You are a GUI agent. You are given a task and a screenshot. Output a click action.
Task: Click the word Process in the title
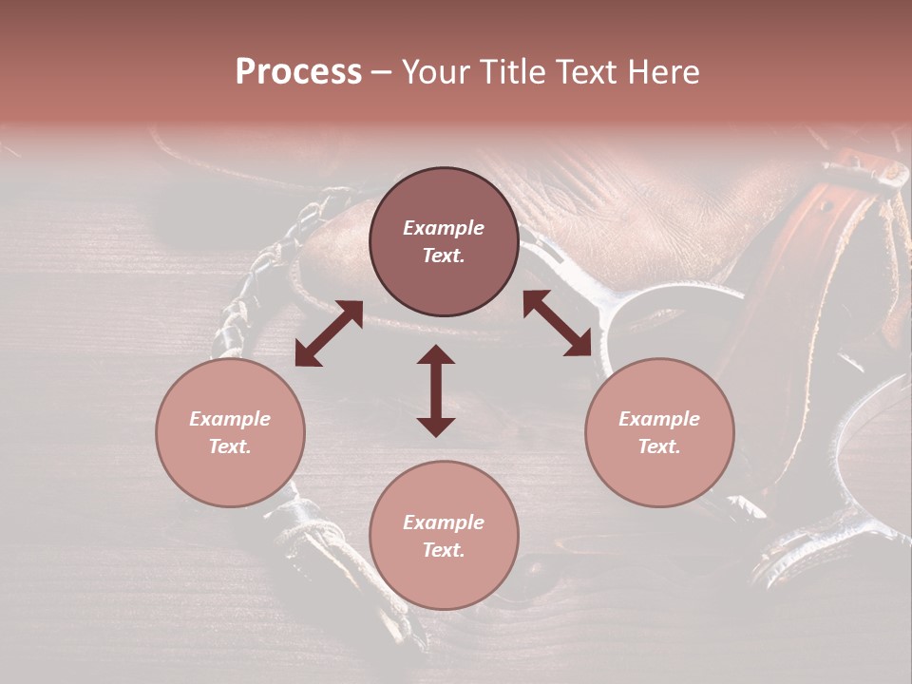[x=298, y=72]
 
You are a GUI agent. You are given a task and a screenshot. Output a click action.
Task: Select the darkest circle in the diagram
[x=444, y=241]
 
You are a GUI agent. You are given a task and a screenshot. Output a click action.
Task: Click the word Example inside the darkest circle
[x=444, y=228]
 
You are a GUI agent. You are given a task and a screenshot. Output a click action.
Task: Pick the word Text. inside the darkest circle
[x=444, y=256]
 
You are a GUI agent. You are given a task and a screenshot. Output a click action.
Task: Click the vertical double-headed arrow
[x=436, y=390]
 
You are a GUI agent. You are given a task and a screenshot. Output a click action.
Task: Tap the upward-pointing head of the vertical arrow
[x=436, y=354]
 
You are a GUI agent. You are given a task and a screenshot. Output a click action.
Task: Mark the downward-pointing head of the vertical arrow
[x=436, y=427]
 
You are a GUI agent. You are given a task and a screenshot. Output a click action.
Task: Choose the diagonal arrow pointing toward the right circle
[x=558, y=323]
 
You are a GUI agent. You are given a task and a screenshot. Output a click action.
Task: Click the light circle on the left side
[x=230, y=432]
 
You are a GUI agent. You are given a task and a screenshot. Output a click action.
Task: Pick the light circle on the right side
[x=659, y=432]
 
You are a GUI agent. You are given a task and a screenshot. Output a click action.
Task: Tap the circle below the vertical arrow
[x=444, y=535]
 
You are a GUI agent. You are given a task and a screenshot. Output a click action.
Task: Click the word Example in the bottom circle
[x=444, y=522]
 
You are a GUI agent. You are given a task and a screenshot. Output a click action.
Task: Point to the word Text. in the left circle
[x=230, y=446]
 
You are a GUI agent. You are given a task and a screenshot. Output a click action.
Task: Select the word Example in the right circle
[x=659, y=419]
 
